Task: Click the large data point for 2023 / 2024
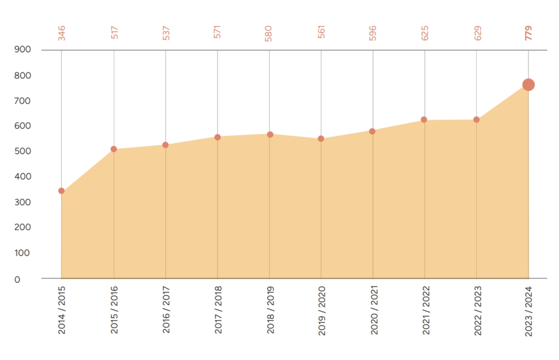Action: point(528,85)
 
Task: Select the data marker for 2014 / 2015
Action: point(61,191)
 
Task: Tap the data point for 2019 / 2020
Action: point(321,139)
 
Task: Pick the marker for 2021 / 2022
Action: point(424,120)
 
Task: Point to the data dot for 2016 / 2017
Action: point(165,145)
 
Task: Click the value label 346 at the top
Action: point(62,33)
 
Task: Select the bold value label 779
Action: point(529,33)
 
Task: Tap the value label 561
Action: point(321,33)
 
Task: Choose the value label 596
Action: point(373,33)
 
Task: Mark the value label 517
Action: point(114,33)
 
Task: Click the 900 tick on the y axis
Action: point(23,50)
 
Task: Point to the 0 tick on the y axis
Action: point(17,279)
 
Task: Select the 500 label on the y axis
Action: point(23,151)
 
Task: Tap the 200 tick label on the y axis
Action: point(23,227)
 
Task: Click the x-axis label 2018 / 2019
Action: point(270,310)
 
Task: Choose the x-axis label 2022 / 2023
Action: point(478,310)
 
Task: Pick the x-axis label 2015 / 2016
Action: point(114,310)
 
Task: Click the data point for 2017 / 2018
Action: point(218,138)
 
